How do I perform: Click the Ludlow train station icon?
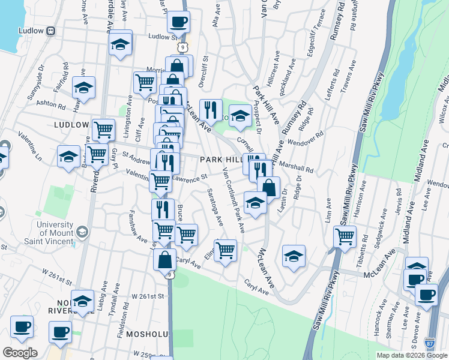[51, 31]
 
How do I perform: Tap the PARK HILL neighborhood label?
[220, 160]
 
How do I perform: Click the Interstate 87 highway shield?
[429, 343]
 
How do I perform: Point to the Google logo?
[20, 353]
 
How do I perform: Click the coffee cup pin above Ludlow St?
[178, 23]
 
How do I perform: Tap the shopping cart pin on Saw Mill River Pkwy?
[345, 237]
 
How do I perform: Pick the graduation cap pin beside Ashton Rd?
[84, 88]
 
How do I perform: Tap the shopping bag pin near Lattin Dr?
[269, 188]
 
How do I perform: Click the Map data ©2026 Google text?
[411, 355]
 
